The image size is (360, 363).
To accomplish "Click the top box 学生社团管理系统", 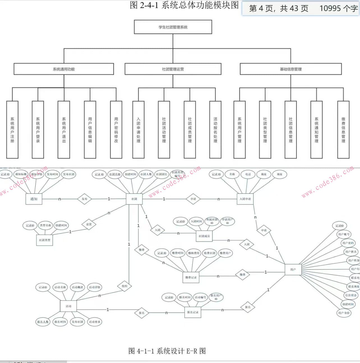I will coord(173,27).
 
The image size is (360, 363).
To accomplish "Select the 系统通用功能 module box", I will coord(64,69).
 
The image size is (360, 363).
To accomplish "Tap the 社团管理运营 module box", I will coord(173,69).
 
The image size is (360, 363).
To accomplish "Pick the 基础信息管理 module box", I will coord(291,69).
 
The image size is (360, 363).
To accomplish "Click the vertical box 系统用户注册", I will coord(12,130).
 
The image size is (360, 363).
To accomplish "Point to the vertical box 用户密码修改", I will coord(116,130).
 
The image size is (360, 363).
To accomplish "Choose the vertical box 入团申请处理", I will coord(139,130).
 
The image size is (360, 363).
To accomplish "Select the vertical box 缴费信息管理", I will coord(343,130).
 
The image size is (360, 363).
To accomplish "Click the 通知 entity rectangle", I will coord(34,199).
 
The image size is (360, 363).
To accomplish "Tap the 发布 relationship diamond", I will coord(84,199).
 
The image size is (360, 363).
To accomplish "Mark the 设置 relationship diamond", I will coord(89,224).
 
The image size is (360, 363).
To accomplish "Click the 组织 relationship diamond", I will coord(124,286).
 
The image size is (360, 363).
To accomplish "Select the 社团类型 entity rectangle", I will coord(45,240).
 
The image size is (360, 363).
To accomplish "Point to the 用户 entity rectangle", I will coord(293,269).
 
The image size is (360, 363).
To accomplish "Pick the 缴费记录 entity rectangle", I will coord(191,277).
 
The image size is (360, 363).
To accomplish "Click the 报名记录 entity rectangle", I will coord(193,312).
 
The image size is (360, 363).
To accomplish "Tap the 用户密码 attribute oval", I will coord(348,243).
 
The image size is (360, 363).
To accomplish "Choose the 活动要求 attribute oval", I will coord(94,322).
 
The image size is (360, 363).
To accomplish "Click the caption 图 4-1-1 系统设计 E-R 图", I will coord(167,351).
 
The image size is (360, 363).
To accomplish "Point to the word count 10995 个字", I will coord(338,8).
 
